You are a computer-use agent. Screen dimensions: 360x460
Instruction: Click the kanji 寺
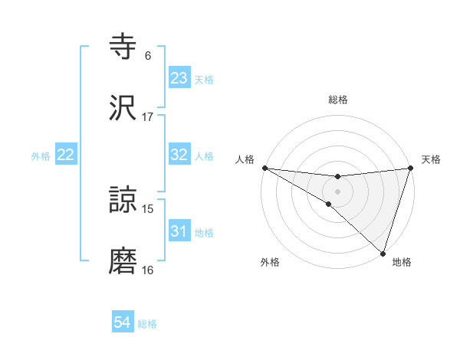123,47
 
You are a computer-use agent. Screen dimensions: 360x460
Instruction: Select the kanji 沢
123,108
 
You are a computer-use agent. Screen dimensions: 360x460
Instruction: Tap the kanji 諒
123,201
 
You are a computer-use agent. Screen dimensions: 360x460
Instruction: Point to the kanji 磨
123,261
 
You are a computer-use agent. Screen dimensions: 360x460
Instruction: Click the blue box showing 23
179,78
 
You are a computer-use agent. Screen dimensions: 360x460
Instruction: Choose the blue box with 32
179,155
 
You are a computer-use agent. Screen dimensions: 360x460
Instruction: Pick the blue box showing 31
179,231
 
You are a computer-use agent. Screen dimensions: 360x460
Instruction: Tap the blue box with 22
66,155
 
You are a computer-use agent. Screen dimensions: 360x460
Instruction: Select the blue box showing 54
123,323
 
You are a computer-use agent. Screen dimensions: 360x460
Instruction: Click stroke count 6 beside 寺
148,56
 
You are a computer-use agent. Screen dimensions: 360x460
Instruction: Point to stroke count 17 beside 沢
148,116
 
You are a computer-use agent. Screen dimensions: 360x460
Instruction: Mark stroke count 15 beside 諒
148,209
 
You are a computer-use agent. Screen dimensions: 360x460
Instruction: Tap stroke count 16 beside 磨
148,270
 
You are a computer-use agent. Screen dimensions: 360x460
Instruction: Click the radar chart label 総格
338,100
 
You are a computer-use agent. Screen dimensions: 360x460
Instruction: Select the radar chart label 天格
431,159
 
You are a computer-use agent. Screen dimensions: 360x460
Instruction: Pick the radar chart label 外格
270,263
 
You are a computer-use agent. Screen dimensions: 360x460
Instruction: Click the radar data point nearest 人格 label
264,168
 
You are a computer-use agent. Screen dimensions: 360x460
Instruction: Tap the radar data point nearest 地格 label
383,254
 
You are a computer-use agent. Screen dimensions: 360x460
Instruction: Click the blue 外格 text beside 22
41,155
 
